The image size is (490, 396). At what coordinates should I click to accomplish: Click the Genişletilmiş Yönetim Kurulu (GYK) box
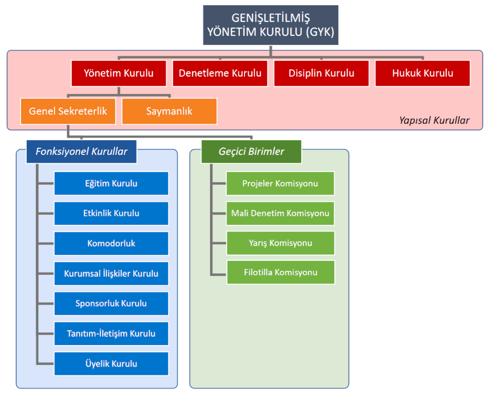click(x=270, y=25)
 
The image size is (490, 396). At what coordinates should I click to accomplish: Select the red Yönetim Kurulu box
click(x=119, y=73)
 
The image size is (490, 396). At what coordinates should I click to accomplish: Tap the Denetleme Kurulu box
click(x=220, y=73)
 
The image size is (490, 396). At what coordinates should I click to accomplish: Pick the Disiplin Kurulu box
click(x=321, y=73)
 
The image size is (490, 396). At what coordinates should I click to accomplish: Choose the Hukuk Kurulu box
click(x=423, y=73)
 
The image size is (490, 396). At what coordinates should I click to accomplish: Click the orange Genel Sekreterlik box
click(x=68, y=111)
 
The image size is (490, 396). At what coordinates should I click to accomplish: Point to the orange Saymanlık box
click(x=169, y=111)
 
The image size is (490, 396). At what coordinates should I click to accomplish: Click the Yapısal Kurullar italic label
click(x=434, y=120)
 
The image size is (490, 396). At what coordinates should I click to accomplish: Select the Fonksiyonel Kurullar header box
click(x=81, y=151)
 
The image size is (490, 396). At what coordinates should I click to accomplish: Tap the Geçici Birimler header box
click(x=251, y=151)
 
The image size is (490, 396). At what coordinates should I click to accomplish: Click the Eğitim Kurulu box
click(x=111, y=184)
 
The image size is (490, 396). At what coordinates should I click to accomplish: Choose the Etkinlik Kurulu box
click(x=111, y=213)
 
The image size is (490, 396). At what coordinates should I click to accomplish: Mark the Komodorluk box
click(x=111, y=244)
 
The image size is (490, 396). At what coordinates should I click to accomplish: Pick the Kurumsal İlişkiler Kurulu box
click(x=111, y=274)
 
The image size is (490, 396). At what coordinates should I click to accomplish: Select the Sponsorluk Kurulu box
click(x=111, y=303)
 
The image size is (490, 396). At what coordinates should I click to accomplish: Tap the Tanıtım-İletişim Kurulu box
click(x=111, y=334)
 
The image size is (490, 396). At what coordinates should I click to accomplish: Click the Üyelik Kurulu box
click(x=111, y=364)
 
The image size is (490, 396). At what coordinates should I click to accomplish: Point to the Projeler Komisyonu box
click(x=280, y=184)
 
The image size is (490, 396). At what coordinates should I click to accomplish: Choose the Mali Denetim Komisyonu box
click(x=280, y=213)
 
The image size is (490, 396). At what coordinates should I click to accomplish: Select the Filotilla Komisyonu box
click(x=280, y=272)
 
